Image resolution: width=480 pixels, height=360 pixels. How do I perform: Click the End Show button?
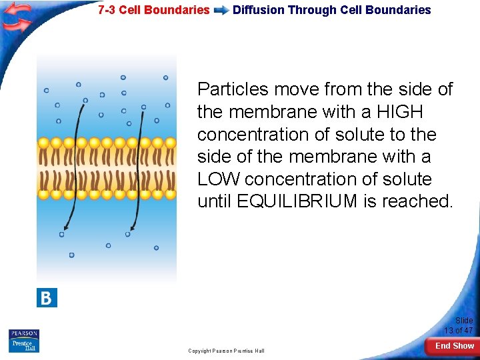[x=454, y=346]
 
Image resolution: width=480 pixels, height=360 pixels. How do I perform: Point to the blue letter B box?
[x=47, y=297]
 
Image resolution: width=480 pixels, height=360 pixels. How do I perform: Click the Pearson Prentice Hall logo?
[x=24, y=341]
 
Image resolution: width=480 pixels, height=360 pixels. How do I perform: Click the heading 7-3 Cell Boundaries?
[x=153, y=10]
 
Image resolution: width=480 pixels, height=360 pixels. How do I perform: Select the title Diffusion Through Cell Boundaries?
[x=331, y=10]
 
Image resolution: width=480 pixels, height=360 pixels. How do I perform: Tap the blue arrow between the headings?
[x=221, y=11]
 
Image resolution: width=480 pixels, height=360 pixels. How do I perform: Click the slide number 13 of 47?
[x=459, y=331]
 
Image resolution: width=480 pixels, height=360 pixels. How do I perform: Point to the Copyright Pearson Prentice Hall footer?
[x=226, y=351]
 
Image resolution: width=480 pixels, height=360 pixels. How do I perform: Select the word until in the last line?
[x=215, y=202]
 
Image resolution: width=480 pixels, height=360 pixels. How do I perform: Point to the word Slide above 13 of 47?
[x=464, y=321]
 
